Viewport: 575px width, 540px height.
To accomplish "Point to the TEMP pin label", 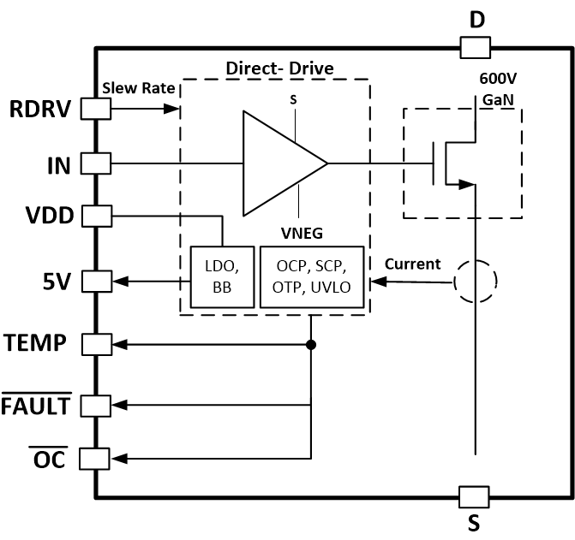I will pyautogui.click(x=36, y=343).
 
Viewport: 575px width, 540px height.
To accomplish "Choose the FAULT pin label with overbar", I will pyautogui.click(x=36, y=405).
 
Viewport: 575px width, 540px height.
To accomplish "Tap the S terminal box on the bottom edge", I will pyautogui.click(x=474, y=496).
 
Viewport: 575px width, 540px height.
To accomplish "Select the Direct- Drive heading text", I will pyautogui.click(x=279, y=68).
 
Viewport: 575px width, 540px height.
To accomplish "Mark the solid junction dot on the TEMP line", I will pyautogui.click(x=310, y=344).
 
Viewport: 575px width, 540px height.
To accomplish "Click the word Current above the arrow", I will pyautogui.click(x=412, y=264).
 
